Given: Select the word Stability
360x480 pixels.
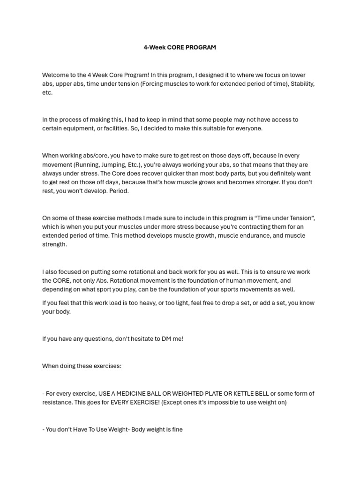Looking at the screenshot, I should (x=302, y=84).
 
